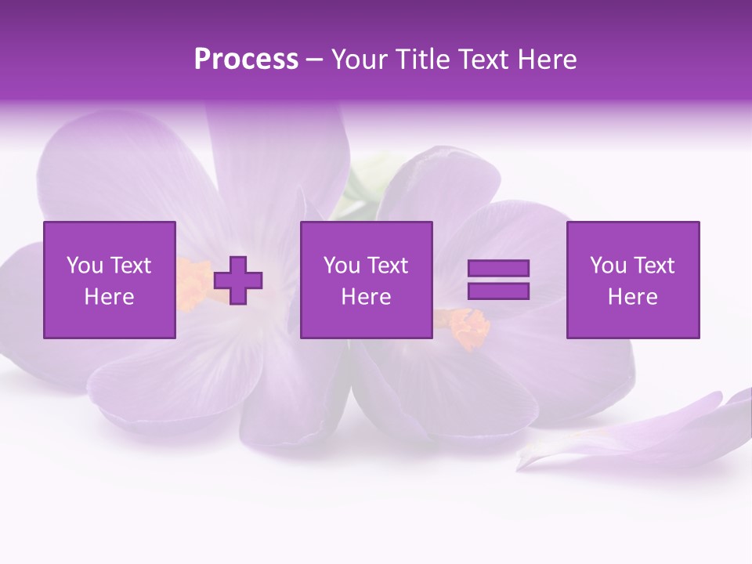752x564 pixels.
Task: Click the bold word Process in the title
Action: [246, 60]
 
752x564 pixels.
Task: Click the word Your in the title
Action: [359, 60]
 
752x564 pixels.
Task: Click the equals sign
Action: [498, 280]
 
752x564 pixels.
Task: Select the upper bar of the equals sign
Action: [498, 269]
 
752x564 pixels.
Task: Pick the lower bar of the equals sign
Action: [498, 291]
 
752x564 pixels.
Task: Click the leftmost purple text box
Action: [110, 280]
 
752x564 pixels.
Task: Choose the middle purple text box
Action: [367, 280]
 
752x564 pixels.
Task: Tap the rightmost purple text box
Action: [633, 280]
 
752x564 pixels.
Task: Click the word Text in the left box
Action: [131, 266]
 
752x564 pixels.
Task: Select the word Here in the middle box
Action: [367, 297]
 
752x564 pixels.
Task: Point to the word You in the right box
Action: [608, 266]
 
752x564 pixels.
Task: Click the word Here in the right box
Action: [633, 297]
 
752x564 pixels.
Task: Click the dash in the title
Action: [314, 60]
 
